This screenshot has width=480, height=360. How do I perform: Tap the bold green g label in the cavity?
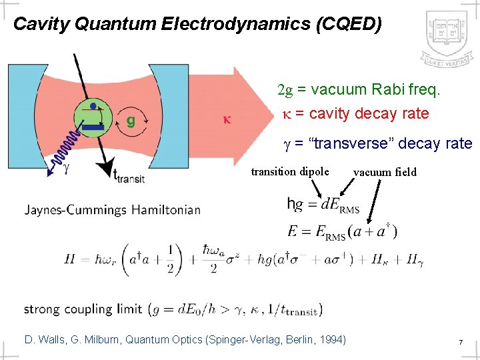131,121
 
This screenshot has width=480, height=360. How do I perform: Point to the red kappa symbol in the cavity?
227,121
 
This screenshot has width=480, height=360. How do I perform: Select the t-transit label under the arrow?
129,175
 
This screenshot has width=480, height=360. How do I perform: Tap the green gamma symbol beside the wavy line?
66,167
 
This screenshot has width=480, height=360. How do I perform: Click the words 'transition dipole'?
290,171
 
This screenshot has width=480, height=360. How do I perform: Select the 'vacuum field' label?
385,172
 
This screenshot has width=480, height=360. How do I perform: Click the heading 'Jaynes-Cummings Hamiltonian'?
113,209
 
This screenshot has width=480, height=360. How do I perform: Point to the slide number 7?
460,341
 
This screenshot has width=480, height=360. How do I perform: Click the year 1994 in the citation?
331,340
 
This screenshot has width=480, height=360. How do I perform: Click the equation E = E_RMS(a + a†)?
343,232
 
